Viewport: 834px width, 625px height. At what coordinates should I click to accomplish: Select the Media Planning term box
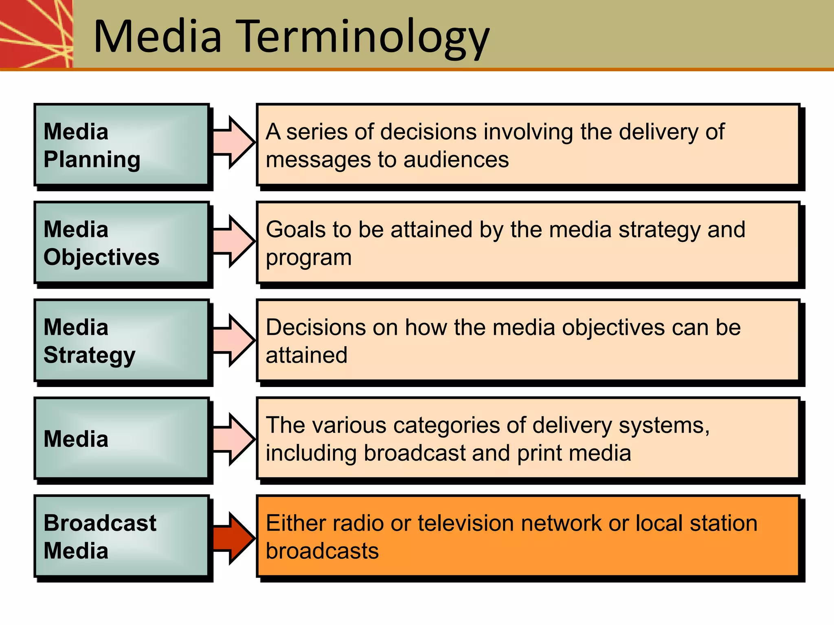(121, 145)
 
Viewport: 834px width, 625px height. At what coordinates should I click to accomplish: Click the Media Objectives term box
(121, 243)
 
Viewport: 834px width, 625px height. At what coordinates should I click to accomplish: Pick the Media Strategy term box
(121, 341)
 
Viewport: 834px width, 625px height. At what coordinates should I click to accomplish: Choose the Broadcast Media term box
(121, 536)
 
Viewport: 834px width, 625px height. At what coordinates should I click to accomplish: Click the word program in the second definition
(309, 258)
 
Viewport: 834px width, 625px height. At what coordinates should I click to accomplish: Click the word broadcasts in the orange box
(322, 551)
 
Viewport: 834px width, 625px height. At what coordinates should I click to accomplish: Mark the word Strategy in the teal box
(89, 355)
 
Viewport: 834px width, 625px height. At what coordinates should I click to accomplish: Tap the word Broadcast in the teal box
(100, 523)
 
